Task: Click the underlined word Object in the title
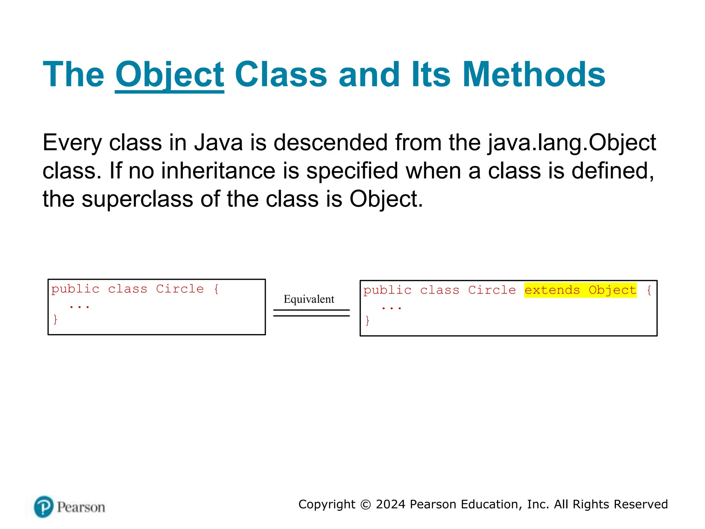(x=169, y=75)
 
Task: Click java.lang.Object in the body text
(x=571, y=143)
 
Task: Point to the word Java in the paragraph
(x=218, y=143)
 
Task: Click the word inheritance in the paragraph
(x=218, y=171)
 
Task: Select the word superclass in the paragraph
(x=137, y=199)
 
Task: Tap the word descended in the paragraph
(x=330, y=143)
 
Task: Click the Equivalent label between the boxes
(x=309, y=299)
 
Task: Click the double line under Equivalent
(x=311, y=313)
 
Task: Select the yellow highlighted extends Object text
(x=580, y=290)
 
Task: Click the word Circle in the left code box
(x=180, y=289)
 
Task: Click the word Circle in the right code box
(x=492, y=290)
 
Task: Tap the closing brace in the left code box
(x=55, y=319)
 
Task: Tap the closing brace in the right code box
(x=367, y=321)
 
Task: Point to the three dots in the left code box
(x=80, y=306)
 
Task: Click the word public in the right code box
(x=387, y=290)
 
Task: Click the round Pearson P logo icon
(x=44, y=507)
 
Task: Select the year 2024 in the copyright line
(x=390, y=504)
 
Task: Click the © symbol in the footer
(x=366, y=505)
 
